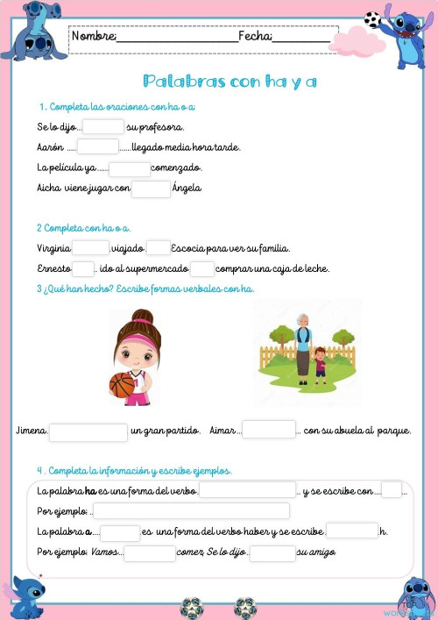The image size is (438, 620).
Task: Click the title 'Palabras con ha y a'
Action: click(x=229, y=82)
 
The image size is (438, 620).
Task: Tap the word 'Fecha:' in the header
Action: click(x=255, y=36)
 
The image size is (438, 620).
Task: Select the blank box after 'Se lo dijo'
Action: click(x=103, y=127)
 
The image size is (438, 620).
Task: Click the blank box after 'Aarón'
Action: click(x=97, y=147)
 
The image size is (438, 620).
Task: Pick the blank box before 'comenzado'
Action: click(x=130, y=168)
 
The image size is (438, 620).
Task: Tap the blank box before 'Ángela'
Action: click(x=151, y=189)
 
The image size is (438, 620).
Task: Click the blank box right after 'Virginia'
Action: click(x=91, y=248)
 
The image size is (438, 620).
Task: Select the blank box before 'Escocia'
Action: click(x=159, y=248)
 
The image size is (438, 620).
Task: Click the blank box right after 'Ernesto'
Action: click(x=83, y=268)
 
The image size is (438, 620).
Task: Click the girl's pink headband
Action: click(x=134, y=335)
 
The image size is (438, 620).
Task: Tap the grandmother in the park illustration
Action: click(x=302, y=343)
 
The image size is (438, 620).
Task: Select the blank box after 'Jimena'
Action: click(x=88, y=431)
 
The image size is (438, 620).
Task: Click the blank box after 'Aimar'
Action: click(x=269, y=430)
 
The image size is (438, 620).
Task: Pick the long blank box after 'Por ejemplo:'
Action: click(x=191, y=510)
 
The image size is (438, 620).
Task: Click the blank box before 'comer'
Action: click(x=150, y=553)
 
